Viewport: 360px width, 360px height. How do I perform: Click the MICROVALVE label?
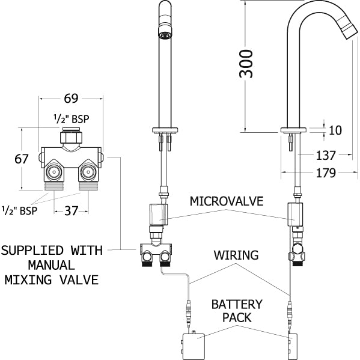coord(227,201)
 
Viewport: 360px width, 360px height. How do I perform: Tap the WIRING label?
coord(236,255)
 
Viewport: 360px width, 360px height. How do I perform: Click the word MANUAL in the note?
coord(51,264)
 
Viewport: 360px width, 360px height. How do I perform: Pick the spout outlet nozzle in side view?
coord(346,31)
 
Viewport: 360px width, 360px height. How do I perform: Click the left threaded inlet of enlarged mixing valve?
coord(55,175)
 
